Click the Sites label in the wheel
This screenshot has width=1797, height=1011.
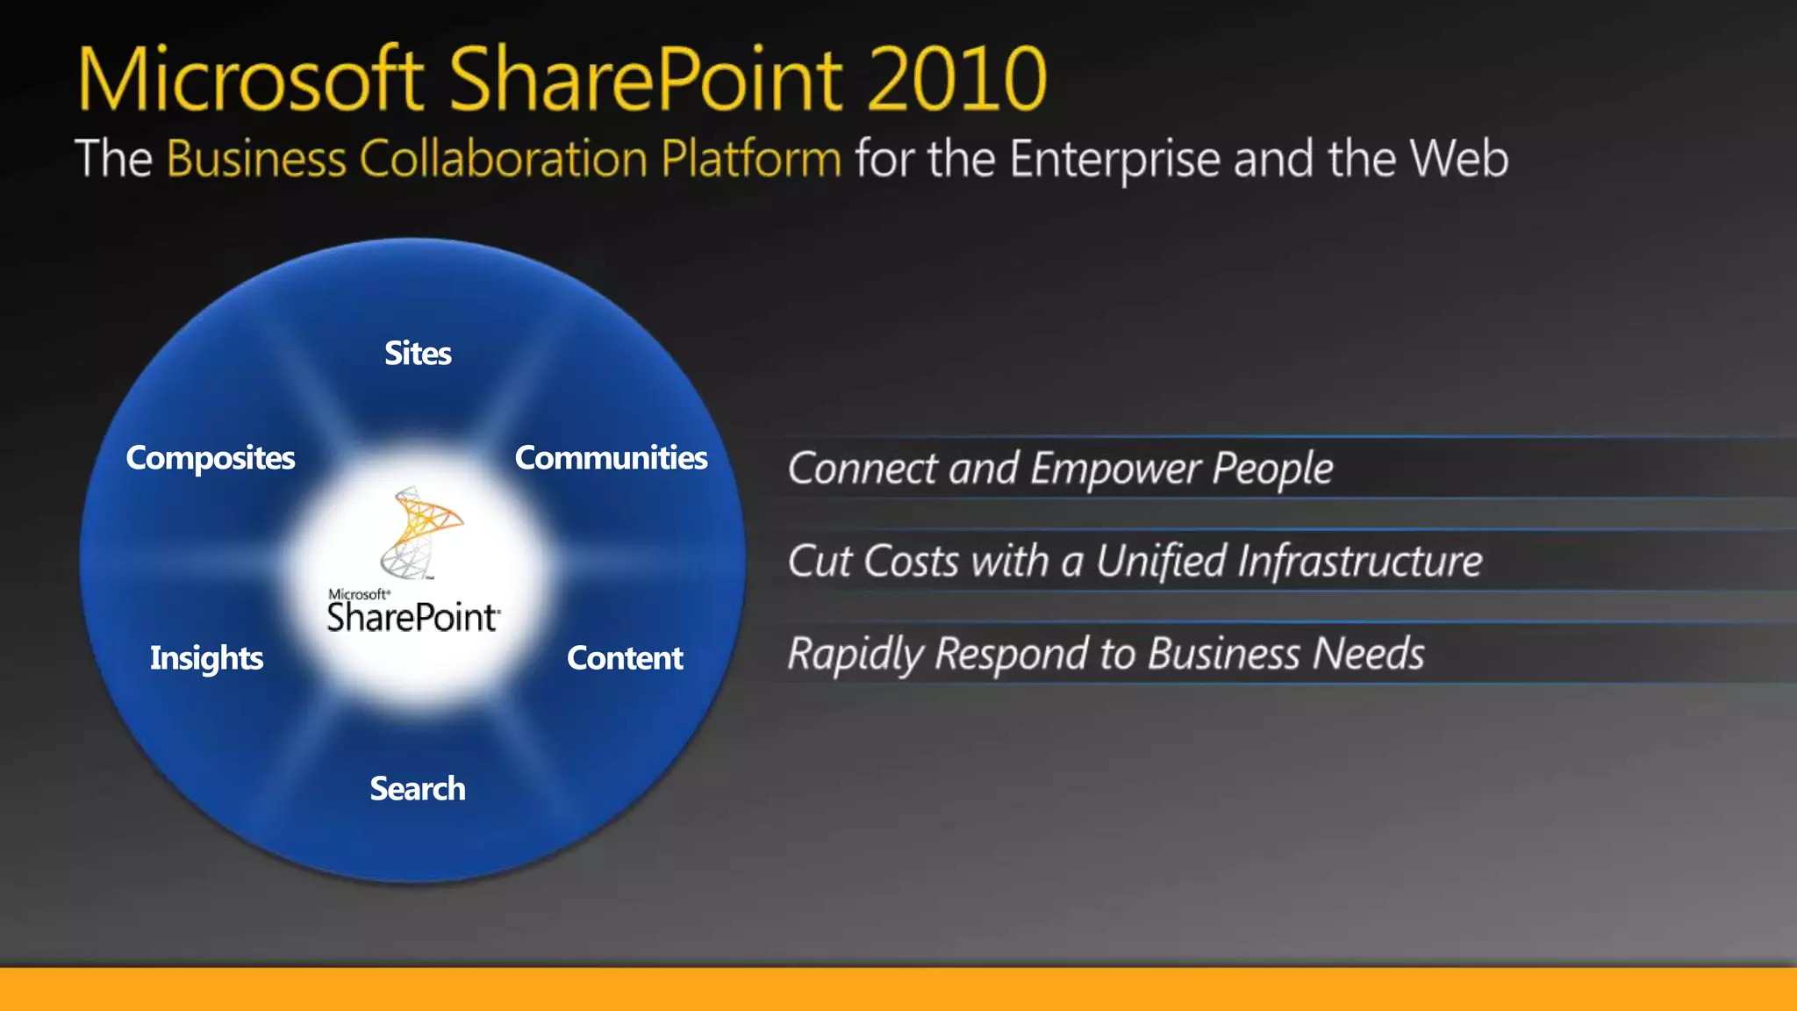click(418, 354)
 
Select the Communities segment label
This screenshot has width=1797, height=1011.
click(611, 458)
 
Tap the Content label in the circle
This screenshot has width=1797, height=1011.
click(625, 658)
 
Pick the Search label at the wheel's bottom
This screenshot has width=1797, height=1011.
click(418, 789)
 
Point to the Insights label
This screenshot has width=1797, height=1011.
click(206, 658)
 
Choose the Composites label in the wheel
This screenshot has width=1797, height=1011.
click(211, 458)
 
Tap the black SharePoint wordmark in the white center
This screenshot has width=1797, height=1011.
click(413, 617)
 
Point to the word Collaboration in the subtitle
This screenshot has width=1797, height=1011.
click(504, 159)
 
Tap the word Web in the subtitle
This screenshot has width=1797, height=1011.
click(1458, 159)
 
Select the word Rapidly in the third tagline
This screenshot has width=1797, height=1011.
click(856, 655)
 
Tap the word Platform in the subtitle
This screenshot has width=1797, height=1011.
click(751, 159)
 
